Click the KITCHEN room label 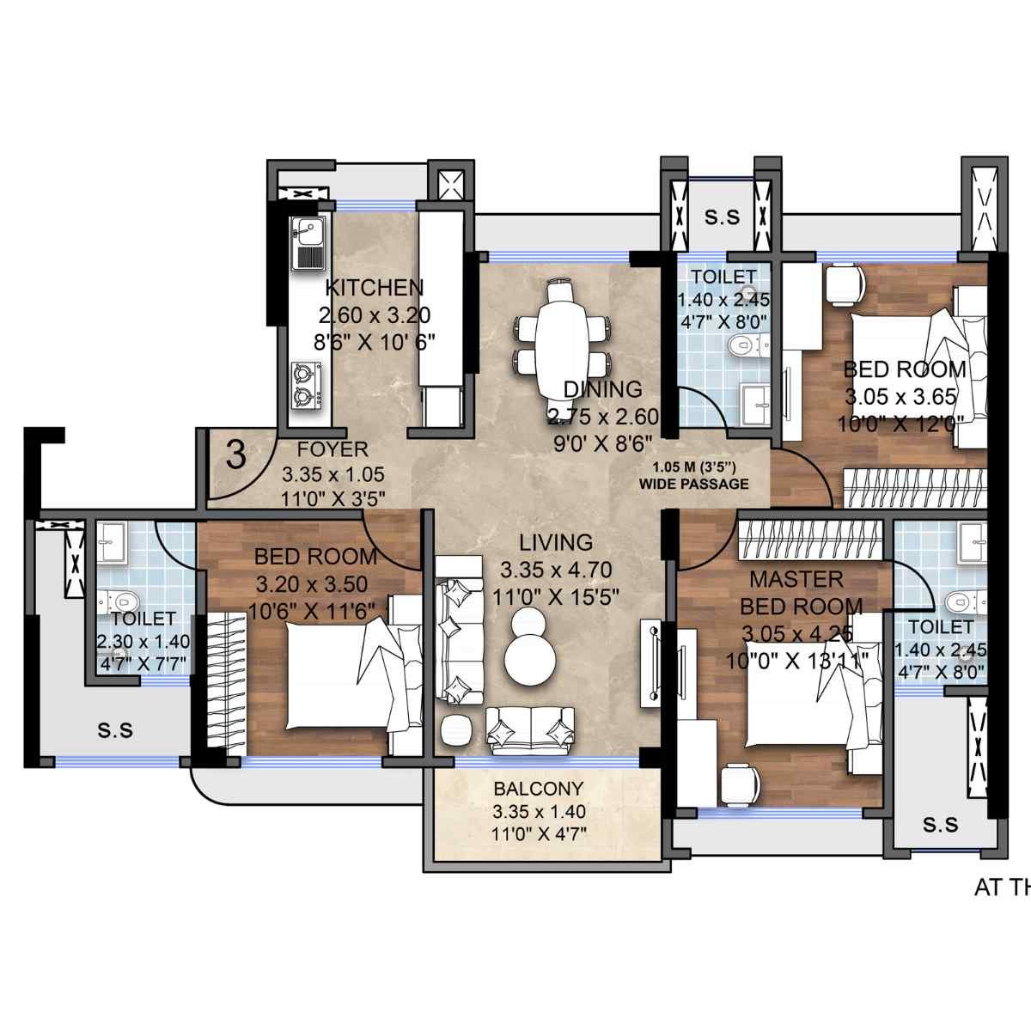pos(374,287)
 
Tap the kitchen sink pos(307,243)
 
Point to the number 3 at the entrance pos(235,455)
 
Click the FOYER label pos(332,449)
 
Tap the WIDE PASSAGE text pos(693,484)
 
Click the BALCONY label pos(539,789)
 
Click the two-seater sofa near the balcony pos(530,729)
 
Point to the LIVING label pos(556,543)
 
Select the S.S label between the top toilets pos(722,217)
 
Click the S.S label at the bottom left pos(114,730)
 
